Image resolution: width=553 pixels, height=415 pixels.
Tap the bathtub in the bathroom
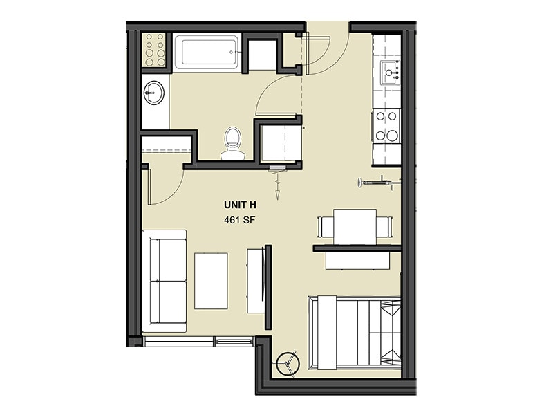[206, 52]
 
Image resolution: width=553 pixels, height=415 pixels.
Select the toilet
[232, 142]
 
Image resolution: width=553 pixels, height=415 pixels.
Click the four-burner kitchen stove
[386, 126]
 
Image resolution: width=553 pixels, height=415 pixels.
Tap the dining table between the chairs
[355, 226]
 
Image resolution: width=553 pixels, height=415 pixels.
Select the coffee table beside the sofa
[211, 280]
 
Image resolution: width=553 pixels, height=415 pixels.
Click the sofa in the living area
[165, 280]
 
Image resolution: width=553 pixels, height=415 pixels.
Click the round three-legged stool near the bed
[287, 363]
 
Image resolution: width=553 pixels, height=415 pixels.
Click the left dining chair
[325, 226]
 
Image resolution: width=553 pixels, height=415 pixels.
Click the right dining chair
[384, 226]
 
